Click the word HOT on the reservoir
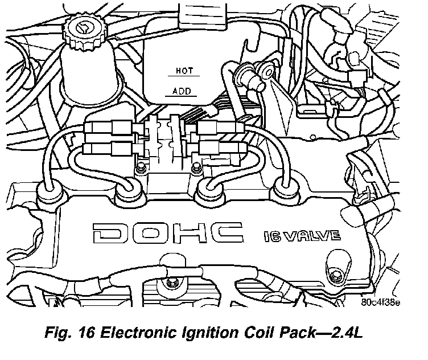point(184,71)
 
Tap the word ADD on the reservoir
point(182,91)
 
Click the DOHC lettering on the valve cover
point(168,233)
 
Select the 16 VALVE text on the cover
point(302,236)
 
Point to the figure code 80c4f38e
point(381,302)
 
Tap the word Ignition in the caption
point(209,333)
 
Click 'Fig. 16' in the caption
point(69,333)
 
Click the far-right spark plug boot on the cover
point(286,189)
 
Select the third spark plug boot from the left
point(212,190)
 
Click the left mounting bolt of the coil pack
point(141,167)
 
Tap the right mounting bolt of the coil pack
point(196,167)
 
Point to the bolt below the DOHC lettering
point(172,282)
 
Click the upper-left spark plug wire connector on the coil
point(110,127)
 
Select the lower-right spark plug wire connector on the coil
point(221,148)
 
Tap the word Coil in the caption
point(256,333)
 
